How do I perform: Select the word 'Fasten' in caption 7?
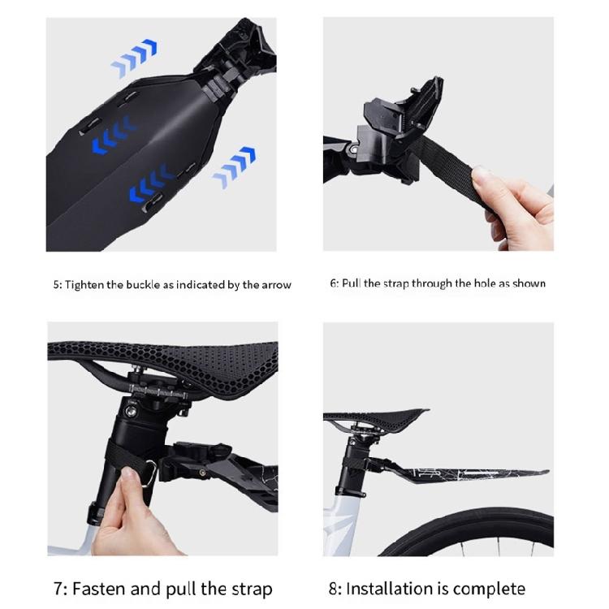coord(97,588)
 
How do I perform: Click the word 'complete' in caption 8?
coord(489,588)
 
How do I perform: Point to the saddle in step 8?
coord(375,417)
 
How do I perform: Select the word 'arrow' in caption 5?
coord(274,284)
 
